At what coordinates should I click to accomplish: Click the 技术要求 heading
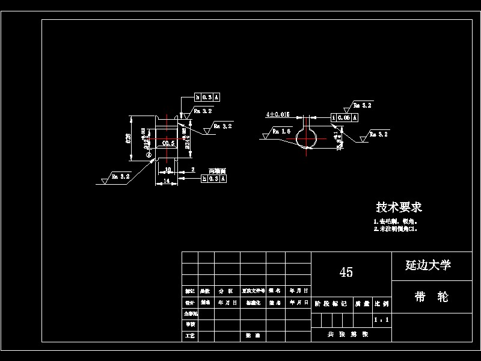(399, 208)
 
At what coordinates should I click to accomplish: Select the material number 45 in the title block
(346, 272)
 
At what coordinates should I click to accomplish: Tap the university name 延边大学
(428, 265)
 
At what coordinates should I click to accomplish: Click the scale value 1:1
(381, 320)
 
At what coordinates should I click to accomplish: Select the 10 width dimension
(168, 170)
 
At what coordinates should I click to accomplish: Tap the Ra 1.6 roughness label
(281, 131)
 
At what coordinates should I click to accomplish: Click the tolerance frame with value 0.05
(345, 118)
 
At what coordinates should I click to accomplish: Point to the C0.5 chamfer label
(169, 143)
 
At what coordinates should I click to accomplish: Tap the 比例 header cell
(381, 304)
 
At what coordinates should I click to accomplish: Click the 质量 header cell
(362, 304)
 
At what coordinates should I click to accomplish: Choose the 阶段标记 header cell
(331, 304)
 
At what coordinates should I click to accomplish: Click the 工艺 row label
(190, 335)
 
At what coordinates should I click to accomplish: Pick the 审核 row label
(190, 324)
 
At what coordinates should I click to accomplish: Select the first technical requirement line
(391, 221)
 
